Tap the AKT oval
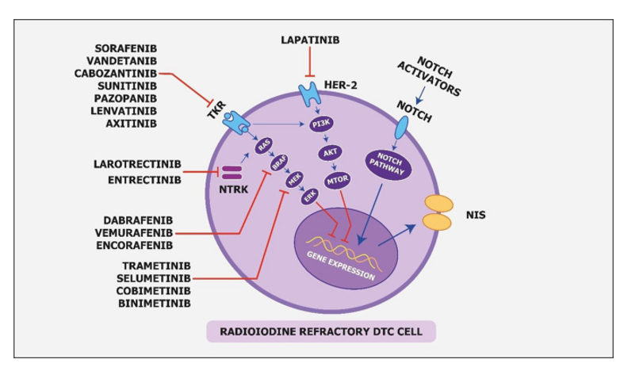click(x=331, y=152)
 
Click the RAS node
click(x=262, y=144)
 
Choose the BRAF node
click(x=278, y=163)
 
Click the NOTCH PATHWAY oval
click(x=388, y=162)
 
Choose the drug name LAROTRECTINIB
click(x=137, y=165)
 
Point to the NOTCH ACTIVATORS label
click(x=428, y=76)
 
